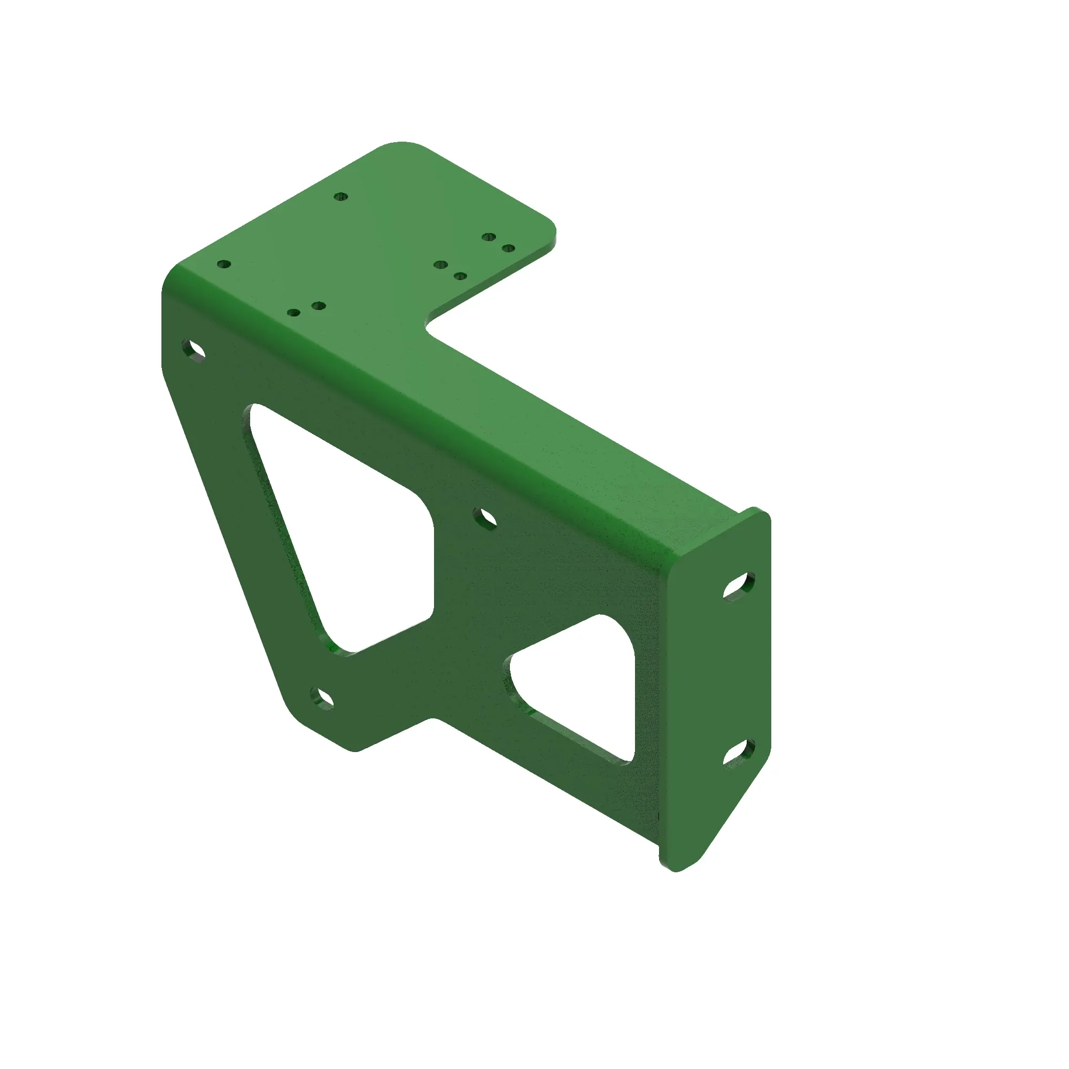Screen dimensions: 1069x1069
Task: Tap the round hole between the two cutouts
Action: click(x=485, y=518)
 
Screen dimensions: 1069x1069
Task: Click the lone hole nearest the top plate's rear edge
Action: click(x=342, y=196)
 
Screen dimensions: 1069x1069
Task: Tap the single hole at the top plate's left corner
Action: click(x=223, y=265)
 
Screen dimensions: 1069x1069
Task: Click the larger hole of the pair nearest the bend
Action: click(x=318, y=305)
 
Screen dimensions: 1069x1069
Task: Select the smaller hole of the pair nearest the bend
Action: click(x=295, y=313)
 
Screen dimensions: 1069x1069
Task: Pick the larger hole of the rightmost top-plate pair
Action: click(x=488, y=237)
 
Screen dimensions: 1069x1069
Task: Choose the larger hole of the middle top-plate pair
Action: click(x=441, y=265)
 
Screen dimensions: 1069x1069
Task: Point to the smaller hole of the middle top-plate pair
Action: click(x=460, y=276)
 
